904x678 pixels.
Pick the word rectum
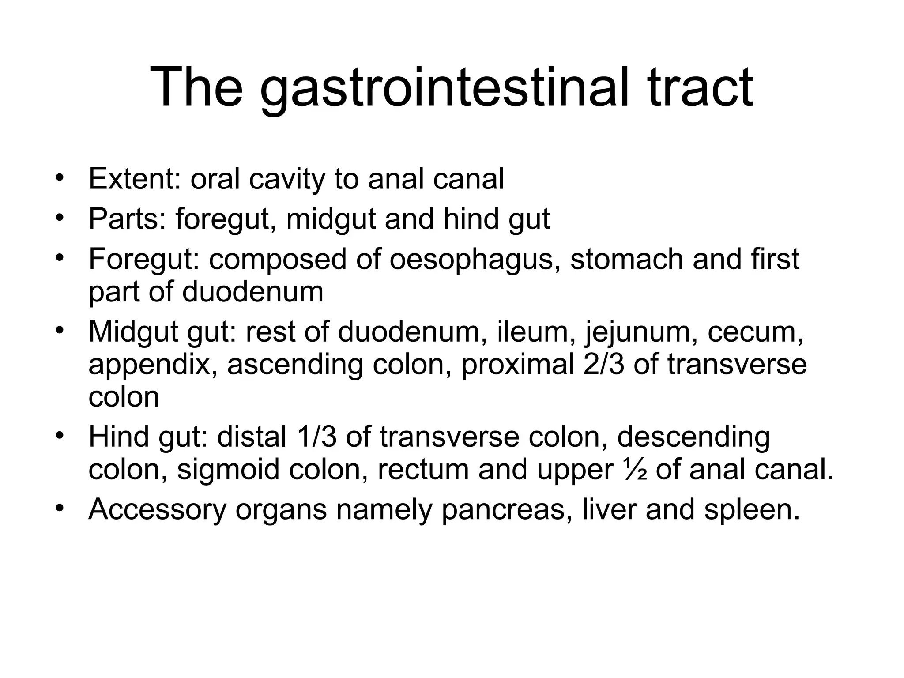click(x=423, y=470)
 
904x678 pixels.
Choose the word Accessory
click(x=157, y=509)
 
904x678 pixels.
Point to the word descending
click(x=693, y=437)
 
